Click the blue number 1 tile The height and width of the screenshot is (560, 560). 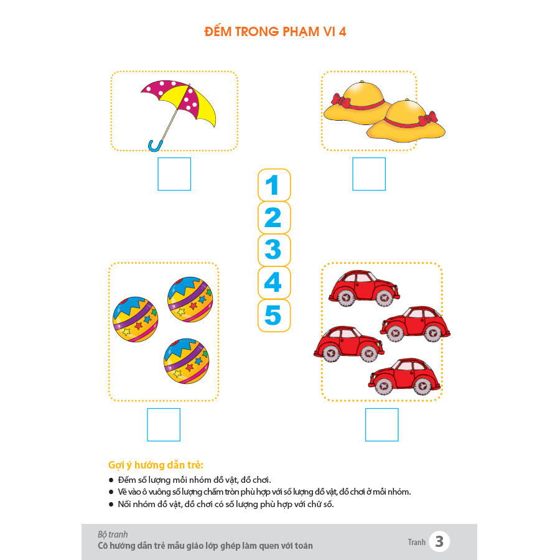coord(274,185)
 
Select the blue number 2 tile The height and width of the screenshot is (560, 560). coord(274,218)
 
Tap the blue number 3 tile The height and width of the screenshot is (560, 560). coord(274,250)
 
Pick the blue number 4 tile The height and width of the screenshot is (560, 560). coord(274,282)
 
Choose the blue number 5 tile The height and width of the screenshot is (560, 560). coord(274,315)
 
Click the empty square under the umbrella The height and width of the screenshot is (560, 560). coord(174,174)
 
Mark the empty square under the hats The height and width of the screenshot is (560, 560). coord(369,174)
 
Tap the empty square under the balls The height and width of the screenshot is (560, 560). coord(164,424)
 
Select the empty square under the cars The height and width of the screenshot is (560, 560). coord(382,424)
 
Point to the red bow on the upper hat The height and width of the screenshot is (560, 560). coord(341,100)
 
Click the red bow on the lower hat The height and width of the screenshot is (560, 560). coord(428,119)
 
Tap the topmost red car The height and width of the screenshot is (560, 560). coord(364,288)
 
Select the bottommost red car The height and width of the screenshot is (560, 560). coord(404,376)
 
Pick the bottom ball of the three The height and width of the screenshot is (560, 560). coord(187,361)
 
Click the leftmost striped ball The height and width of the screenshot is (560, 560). coord(136,319)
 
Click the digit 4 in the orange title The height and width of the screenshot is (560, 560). coord(342,32)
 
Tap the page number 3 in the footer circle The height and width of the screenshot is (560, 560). coord(439,541)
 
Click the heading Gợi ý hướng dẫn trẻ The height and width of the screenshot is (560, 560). coord(156,465)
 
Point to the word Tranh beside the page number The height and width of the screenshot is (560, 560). coord(417,542)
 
